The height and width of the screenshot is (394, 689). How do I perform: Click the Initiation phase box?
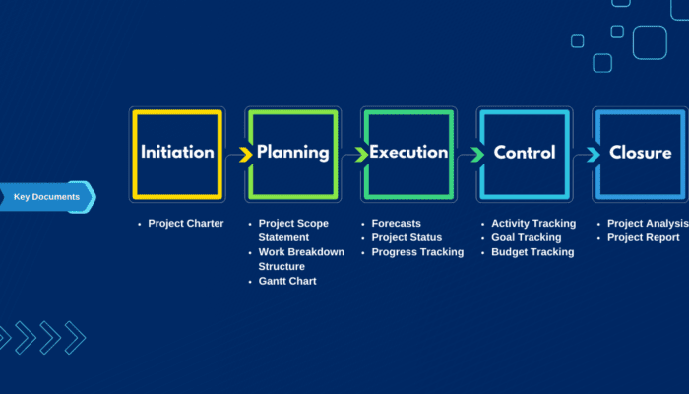click(x=177, y=153)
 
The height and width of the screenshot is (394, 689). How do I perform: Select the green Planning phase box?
click(x=292, y=153)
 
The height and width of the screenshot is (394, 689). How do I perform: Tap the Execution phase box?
click(x=408, y=153)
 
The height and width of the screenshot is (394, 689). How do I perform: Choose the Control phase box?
click(x=524, y=153)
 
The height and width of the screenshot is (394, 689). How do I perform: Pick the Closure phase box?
click(x=640, y=153)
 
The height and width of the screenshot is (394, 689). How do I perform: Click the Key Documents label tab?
click(x=46, y=197)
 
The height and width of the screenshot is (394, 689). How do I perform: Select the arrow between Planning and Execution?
click(x=360, y=154)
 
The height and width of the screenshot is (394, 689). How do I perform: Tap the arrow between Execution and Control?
click(x=476, y=154)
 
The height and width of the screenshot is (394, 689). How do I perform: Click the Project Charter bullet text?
click(x=185, y=224)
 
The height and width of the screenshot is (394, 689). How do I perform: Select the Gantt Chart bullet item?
click(x=287, y=281)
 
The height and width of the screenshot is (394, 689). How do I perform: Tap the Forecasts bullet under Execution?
click(x=396, y=224)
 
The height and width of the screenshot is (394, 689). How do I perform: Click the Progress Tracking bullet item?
click(x=417, y=252)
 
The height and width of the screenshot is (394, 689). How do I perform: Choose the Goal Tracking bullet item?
click(x=526, y=237)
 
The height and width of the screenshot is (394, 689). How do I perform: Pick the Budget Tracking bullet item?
click(x=532, y=252)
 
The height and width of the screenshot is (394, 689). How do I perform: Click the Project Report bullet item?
click(x=643, y=237)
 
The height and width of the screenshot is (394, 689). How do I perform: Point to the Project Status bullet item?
click(x=407, y=237)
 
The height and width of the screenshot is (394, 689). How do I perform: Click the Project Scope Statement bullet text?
click(x=293, y=230)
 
